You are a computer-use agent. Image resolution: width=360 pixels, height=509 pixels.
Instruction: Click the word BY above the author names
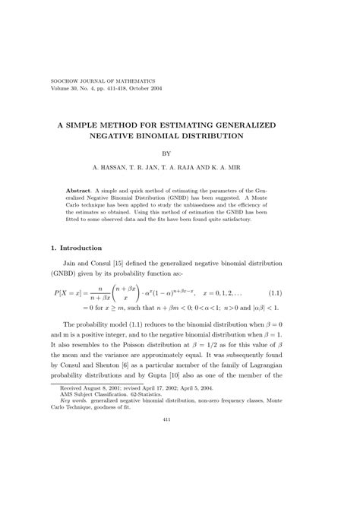click(x=179, y=152)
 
